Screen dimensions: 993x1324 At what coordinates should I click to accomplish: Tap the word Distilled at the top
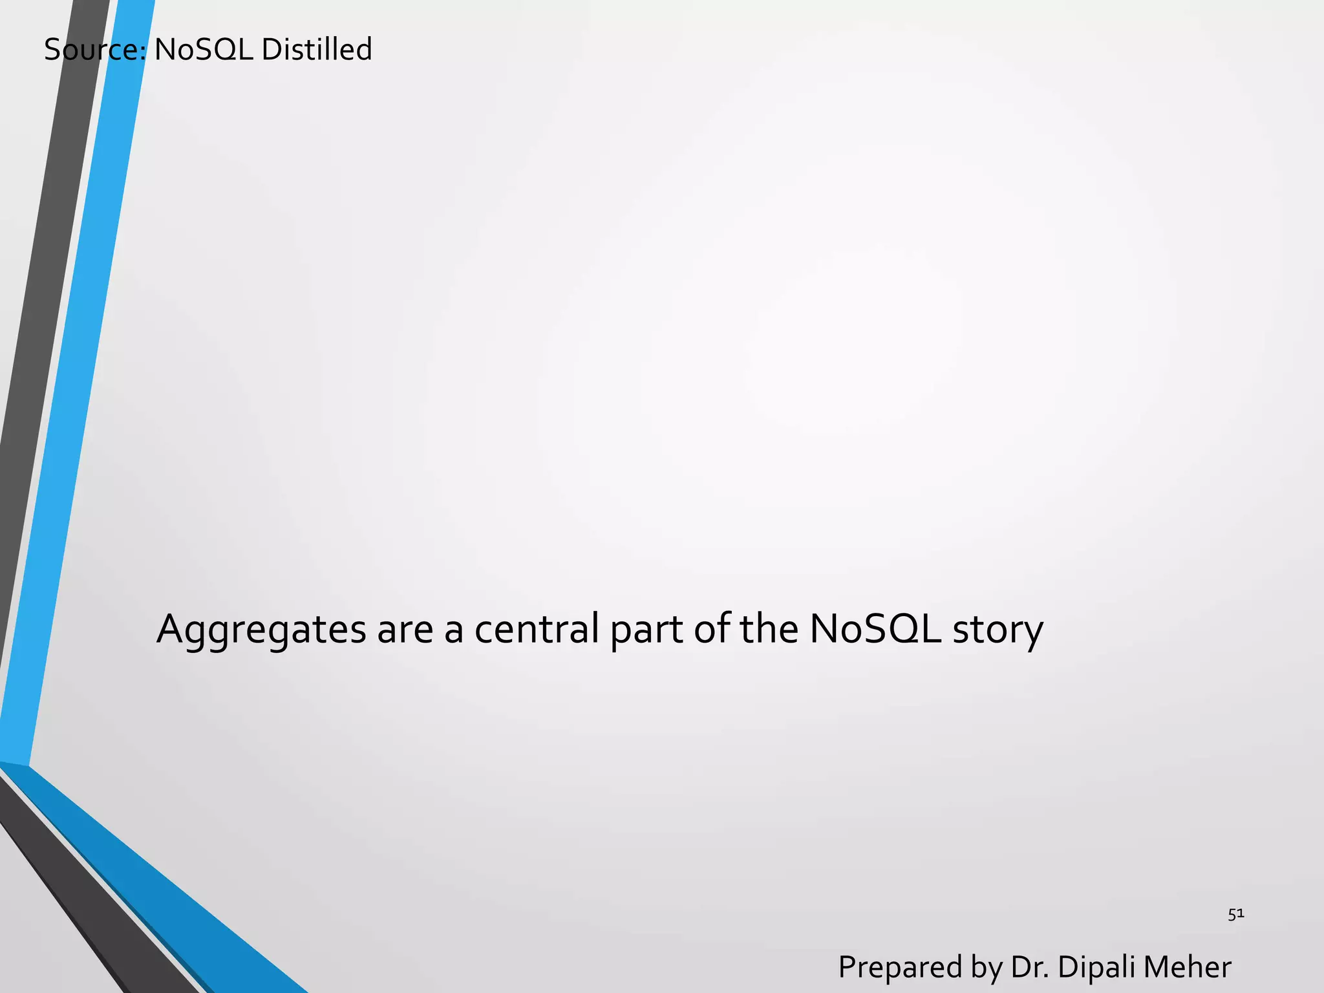point(316,50)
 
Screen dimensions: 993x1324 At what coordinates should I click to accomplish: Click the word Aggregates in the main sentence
point(261,630)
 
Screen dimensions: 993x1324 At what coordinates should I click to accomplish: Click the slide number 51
point(1236,914)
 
